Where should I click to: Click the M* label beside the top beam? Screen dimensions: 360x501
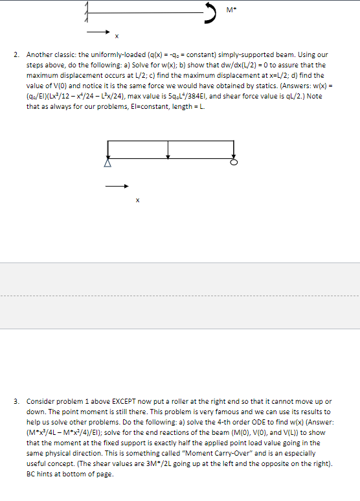pos(231,10)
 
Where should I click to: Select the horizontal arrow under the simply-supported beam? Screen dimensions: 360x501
pos(117,187)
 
